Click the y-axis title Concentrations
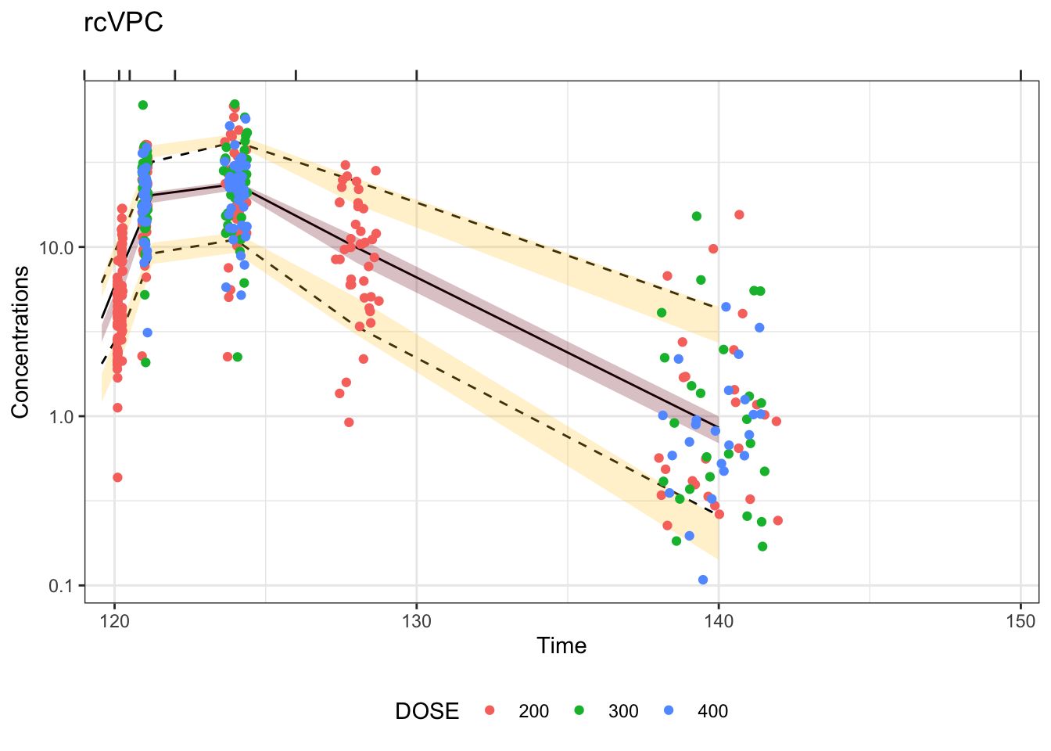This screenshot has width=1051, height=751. [x=20, y=342]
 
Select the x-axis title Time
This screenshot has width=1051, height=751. [x=561, y=645]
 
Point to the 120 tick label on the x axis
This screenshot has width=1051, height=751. [x=115, y=622]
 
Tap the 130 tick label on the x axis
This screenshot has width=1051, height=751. [x=417, y=622]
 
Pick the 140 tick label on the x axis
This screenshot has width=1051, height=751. [x=719, y=622]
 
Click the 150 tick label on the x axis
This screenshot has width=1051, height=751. [x=1021, y=622]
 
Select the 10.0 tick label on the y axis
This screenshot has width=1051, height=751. [x=56, y=247]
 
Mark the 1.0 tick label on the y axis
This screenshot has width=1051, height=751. [x=60, y=416]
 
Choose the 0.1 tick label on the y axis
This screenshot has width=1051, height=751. [x=60, y=585]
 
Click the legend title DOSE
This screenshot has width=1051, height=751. [x=427, y=711]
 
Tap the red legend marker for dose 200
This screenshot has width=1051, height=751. [x=490, y=711]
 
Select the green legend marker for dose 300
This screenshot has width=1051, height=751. [x=579, y=711]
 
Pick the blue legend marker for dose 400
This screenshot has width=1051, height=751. [x=669, y=711]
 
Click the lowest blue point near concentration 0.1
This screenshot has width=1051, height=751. [x=703, y=580]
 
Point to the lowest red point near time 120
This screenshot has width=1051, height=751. [x=117, y=477]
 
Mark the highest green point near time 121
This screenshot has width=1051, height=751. [x=143, y=105]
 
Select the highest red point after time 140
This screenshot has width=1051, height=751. [x=739, y=214]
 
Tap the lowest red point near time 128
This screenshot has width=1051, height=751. [x=349, y=422]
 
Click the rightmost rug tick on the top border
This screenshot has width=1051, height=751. [x=1021, y=75]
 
